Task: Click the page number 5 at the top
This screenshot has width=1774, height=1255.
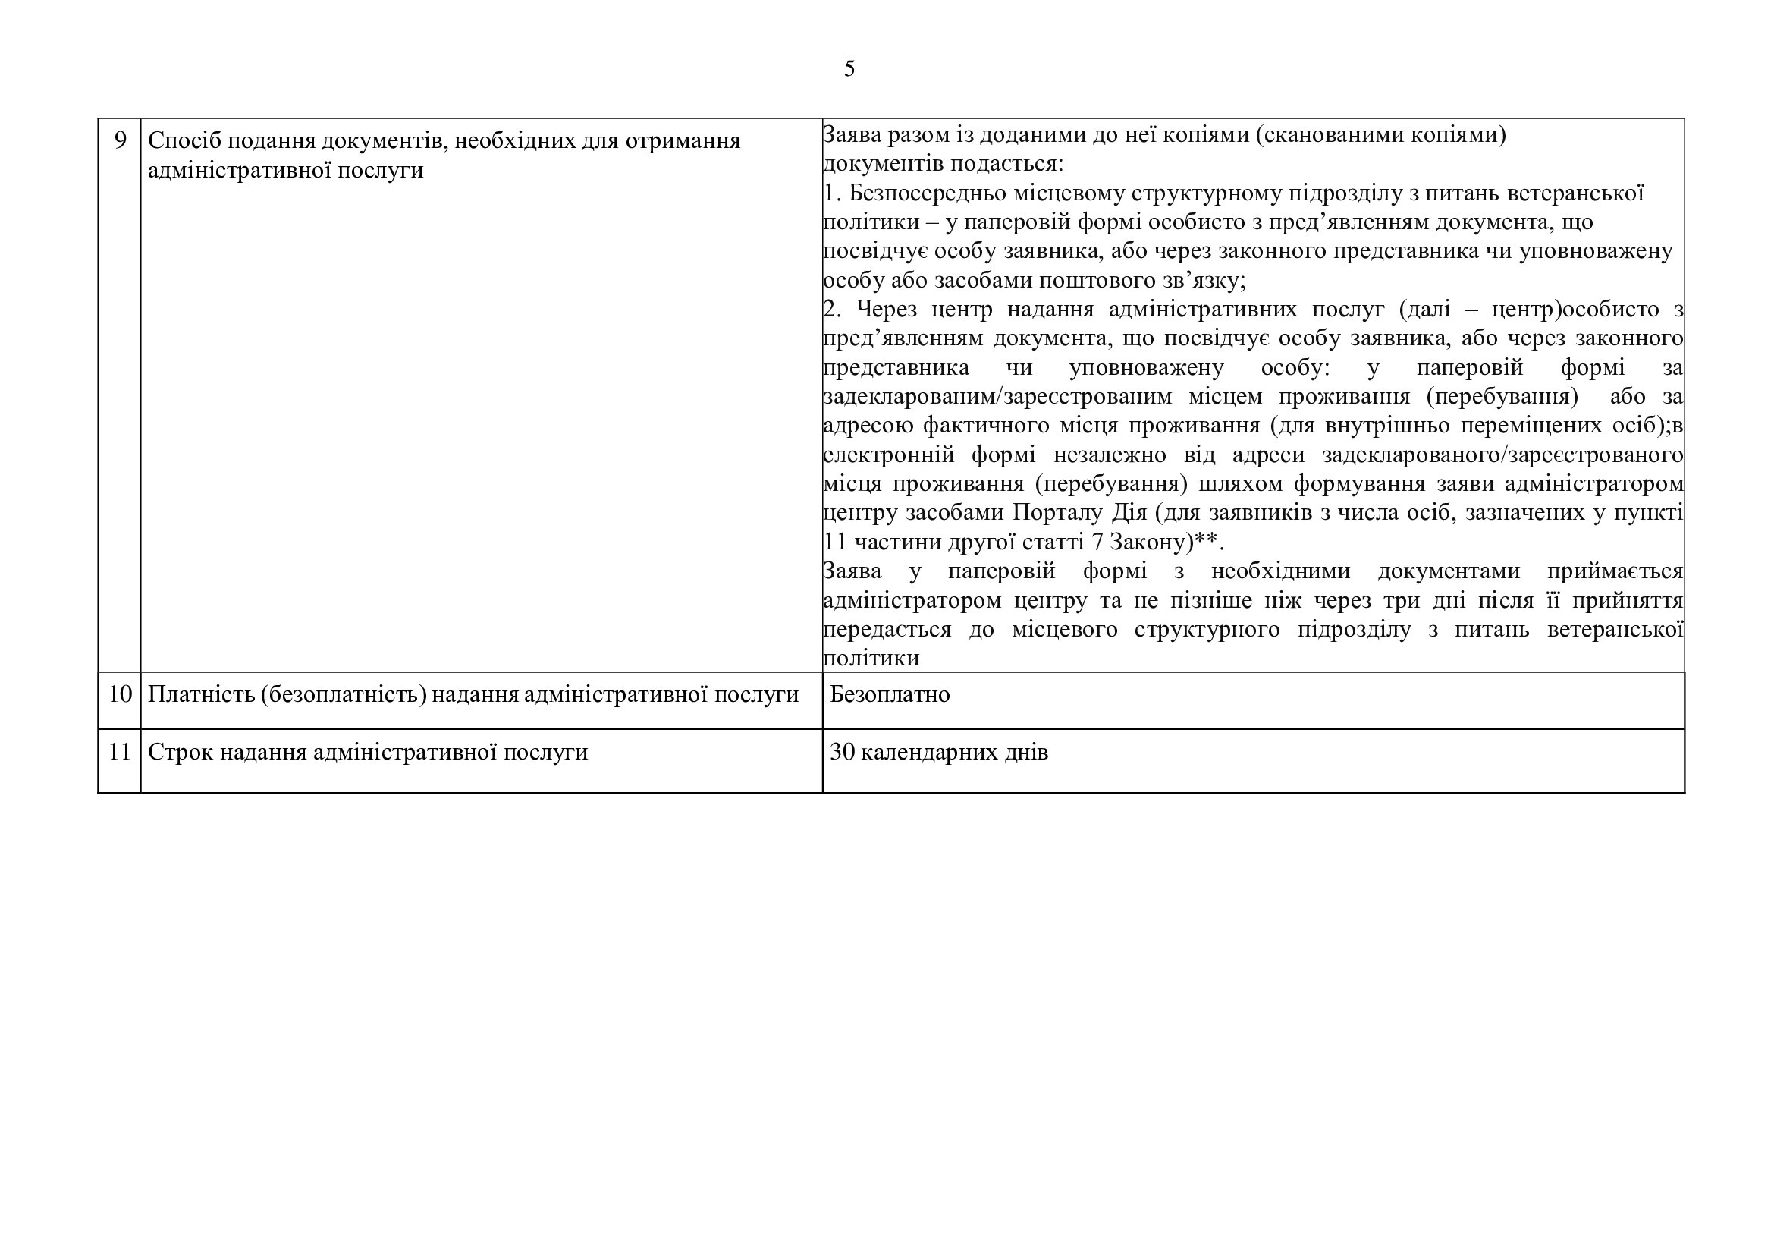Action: click(849, 69)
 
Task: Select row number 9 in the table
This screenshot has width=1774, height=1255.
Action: click(120, 140)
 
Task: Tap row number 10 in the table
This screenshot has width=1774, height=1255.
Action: click(120, 694)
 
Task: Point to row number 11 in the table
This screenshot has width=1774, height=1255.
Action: click(120, 751)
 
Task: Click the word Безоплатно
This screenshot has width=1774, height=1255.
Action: click(890, 694)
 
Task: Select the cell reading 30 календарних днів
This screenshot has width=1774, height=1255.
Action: click(939, 752)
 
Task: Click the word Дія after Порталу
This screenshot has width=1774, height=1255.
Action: click(1129, 512)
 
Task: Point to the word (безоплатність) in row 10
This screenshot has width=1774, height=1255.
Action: click(343, 694)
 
